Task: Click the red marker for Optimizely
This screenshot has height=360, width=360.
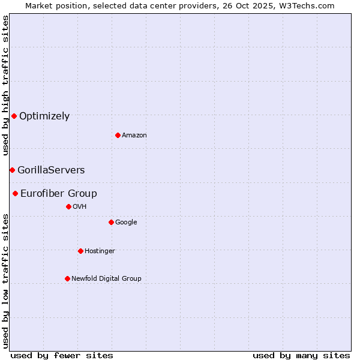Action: [14, 116]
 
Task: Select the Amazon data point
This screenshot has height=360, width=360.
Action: [118, 135]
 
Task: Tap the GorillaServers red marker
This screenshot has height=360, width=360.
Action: [12, 170]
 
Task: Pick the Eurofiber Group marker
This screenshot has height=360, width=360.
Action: [15, 193]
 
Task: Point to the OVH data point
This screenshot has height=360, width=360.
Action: [68, 206]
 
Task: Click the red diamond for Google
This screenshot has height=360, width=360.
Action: [111, 222]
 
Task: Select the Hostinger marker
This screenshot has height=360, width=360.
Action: [80, 251]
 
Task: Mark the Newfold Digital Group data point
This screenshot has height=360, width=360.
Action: [67, 278]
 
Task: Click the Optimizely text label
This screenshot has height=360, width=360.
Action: [44, 116]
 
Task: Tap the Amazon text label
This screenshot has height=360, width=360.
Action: [134, 136]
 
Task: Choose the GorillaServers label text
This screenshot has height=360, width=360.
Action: [51, 170]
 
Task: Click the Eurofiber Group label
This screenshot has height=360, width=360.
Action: [59, 194]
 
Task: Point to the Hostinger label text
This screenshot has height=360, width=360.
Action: [100, 251]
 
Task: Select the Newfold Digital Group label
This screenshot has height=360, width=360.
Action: [106, 279]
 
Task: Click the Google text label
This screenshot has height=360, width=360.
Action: [126, 223]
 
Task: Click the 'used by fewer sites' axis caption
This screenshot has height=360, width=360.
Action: [62, 355]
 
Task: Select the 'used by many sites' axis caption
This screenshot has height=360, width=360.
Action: [301, 355]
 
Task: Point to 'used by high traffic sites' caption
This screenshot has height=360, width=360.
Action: [5, 85]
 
